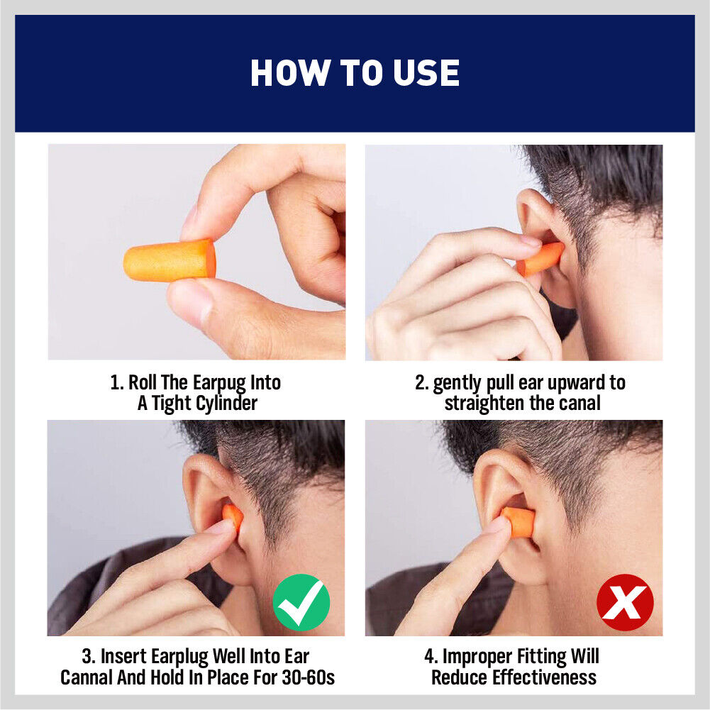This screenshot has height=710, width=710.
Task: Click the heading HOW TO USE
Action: [x=355, y=73]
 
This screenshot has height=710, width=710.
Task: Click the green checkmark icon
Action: [x=301, y=602]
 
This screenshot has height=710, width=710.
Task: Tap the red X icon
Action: [x=625, y=602]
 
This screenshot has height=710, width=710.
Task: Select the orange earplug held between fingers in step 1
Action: [x=170, y=260]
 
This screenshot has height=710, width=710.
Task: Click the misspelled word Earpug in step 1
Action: [x=219, y=383]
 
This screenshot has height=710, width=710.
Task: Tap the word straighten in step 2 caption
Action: [x=489, y=403]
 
